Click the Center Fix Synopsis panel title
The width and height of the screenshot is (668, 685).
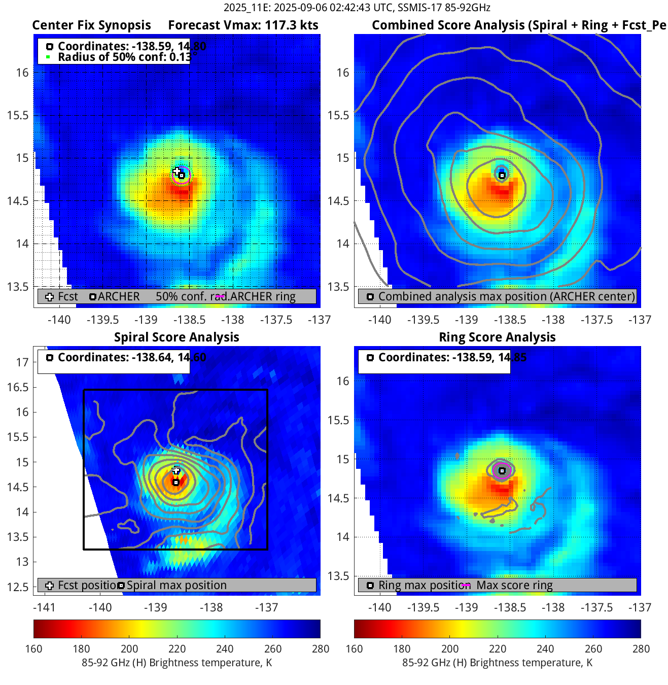tap(91, 25)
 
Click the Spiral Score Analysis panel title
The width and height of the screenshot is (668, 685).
tap(177, 337)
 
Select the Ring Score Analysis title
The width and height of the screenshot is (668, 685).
tap(497, 337)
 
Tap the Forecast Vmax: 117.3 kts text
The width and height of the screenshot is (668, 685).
tap(243, 25)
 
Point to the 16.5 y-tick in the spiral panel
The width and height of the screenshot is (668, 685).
tap(18, 387)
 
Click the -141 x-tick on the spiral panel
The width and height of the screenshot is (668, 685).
tap(44, 607)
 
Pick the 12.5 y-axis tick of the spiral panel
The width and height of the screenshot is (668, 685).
tap(18, 587)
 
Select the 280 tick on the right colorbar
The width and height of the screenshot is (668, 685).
tap(641, 649)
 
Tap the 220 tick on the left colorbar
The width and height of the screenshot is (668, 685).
tap(177, 649)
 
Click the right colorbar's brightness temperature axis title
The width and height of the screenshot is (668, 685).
tap(497, 663)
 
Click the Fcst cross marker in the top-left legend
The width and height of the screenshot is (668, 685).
tap(49, 297)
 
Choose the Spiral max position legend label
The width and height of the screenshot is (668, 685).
tap(177, 585)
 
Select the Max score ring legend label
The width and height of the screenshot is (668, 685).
tap(514, 585)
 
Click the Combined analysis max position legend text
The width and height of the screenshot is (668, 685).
tap(506, 297)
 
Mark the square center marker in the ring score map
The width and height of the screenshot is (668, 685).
tap(502, 471)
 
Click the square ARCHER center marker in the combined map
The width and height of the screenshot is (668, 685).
tap(502, 176)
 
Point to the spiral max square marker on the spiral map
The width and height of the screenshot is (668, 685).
tap(176, 483)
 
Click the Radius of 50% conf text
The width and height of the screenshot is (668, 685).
tap(124, 57)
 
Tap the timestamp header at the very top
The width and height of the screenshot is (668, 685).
tap(357, 8)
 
